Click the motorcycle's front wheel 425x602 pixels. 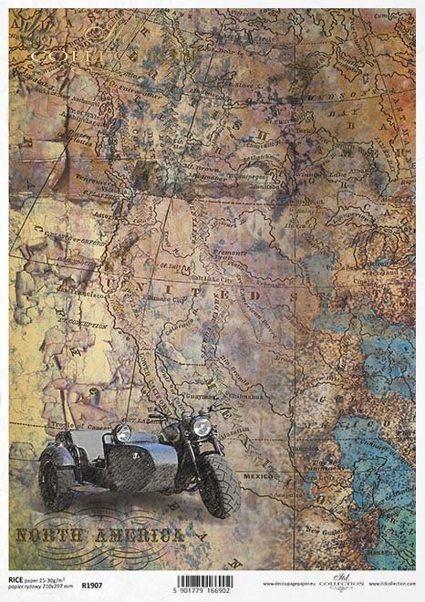220,484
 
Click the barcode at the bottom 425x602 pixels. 203,581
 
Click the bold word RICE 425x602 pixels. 17,580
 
